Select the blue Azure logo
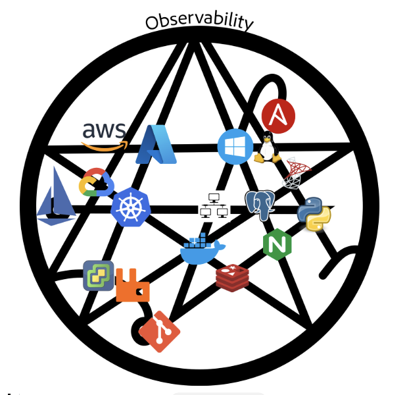point(156,144)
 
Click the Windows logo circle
point(235,145)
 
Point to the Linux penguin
point(266,147)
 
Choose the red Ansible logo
point(278,116)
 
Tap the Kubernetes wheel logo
point(130,206)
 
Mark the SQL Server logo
point(297,173)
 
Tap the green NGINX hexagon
point(277,244)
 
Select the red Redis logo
point(232,276)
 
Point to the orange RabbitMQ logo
point(132,286)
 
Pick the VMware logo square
point(98,275)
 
